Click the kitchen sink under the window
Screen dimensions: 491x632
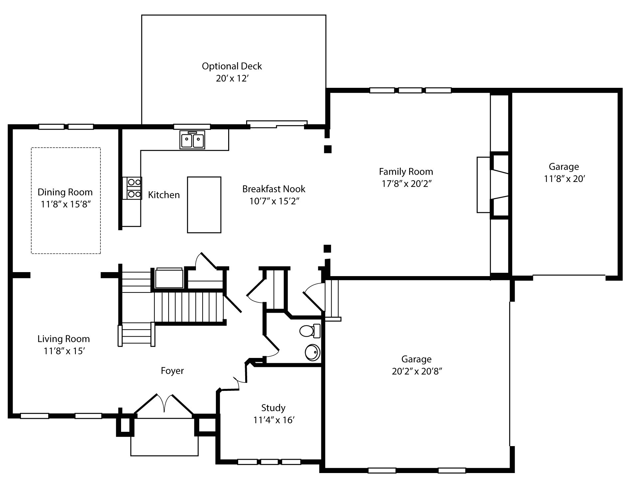click(192, 140)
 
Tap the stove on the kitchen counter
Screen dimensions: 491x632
click(134, 188)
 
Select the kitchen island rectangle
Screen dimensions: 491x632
click(204, 205)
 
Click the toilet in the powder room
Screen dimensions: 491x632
click(310, 331)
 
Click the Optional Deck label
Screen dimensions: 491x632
click(232, 66)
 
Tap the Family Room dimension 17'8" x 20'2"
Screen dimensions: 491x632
click(406, 184)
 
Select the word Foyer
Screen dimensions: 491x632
click(172, 371)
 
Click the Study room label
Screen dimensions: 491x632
click(273, 408)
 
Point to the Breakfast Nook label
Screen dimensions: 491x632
click(273, 189)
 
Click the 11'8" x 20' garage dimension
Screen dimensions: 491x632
click(564, 179)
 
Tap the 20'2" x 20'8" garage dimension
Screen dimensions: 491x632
click(416, 371)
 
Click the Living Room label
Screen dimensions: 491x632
click(64, 339)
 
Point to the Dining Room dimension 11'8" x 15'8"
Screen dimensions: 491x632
click(66, 204)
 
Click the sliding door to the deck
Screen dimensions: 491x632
click(277, 124)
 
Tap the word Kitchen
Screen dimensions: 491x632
click(164, 195)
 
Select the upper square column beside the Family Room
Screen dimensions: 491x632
click(328, 149)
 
